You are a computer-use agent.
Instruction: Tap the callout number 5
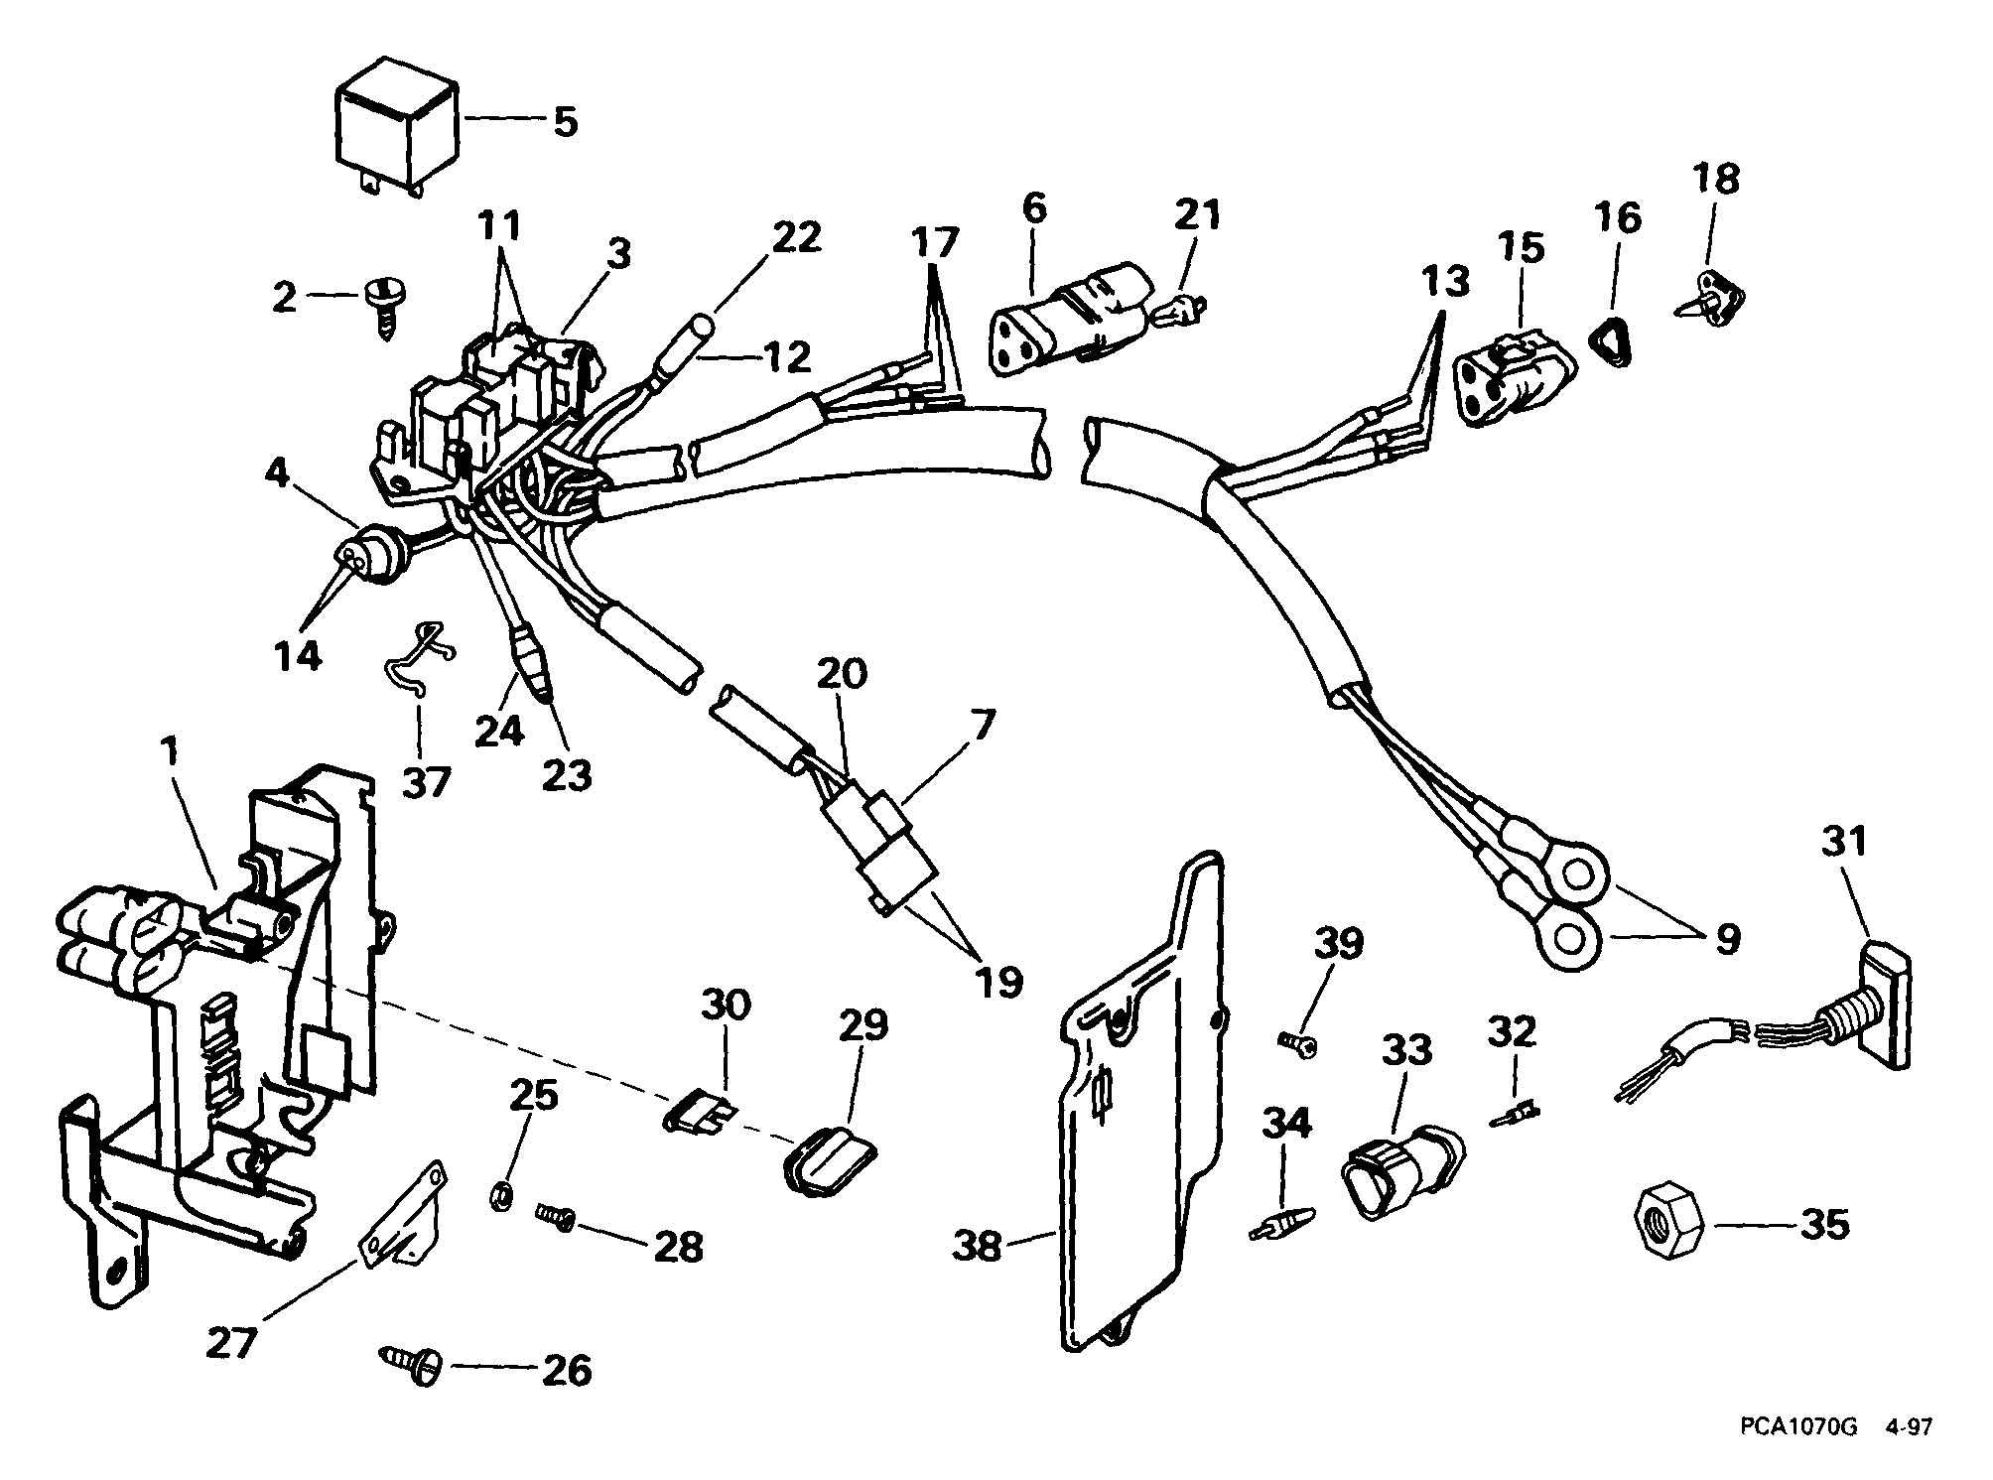(x=565, y=122)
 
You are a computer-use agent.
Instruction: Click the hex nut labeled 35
(x=1665, y=1220)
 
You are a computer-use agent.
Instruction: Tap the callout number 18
(x=1717, y=179)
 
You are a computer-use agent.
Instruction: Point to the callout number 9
(x=1729, y=939)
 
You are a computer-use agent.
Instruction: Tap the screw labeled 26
(x=411, y=1363)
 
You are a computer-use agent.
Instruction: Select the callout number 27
(x=232, y=1343)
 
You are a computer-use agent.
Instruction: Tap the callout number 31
(x=1844, y=842)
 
